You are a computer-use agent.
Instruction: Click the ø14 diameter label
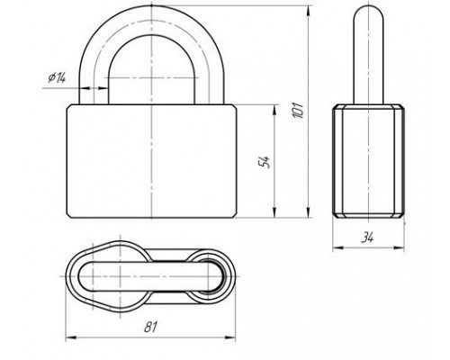pyautogui.click(x=57, y=77)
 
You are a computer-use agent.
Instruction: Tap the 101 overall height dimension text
pyautogui.click(x=299, y=110)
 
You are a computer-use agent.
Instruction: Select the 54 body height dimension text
pyautogui.click(x=265, y=162)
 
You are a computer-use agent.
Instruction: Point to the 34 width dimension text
pyautogui.click(x=367, y=238)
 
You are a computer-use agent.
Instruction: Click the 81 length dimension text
pyautogui.click(x=150, y=327)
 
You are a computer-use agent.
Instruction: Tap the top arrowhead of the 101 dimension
pyautogui.click(x=309, y=11)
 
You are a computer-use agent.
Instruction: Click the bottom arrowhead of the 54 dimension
pyautogui.click(x=274, y=212)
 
